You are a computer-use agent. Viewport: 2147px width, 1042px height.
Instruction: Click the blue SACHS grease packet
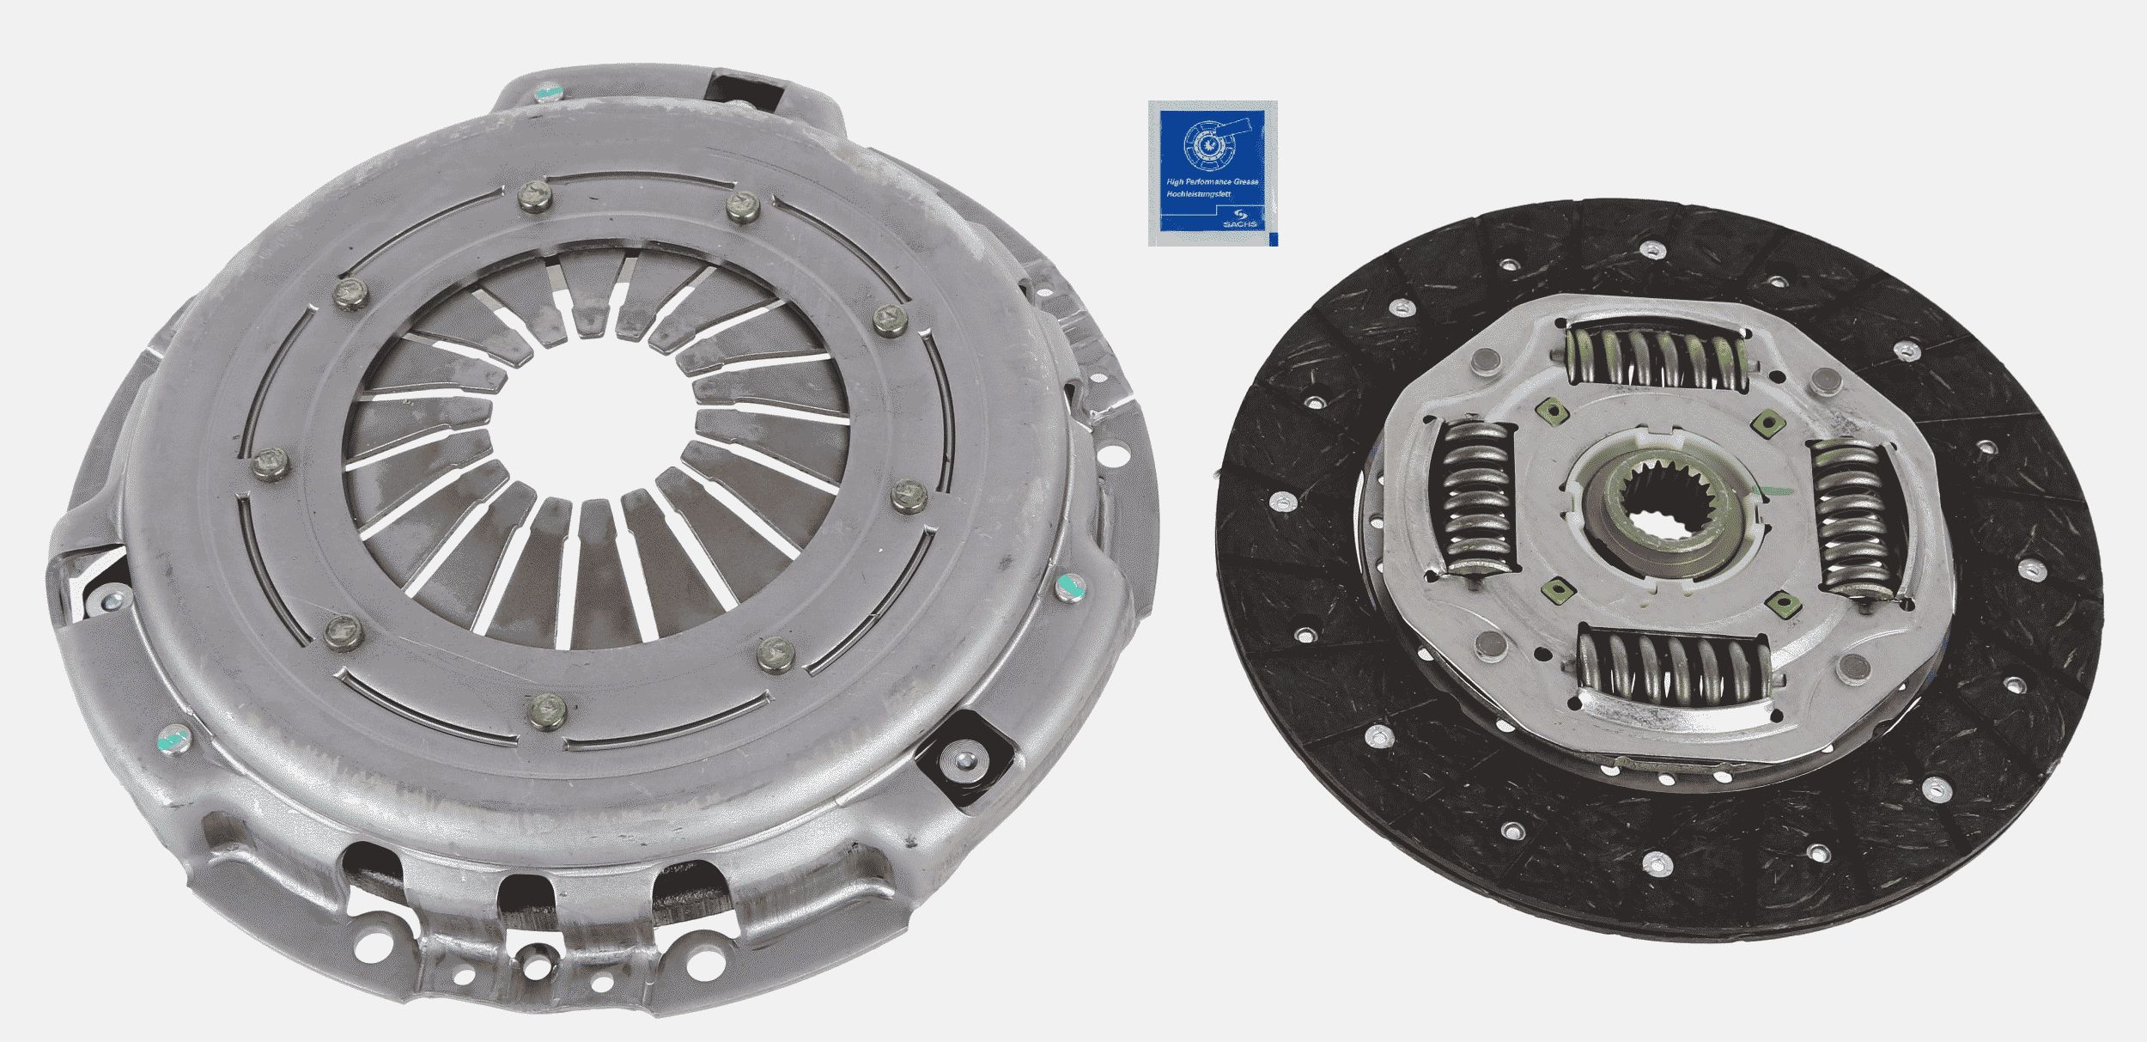pyautogui.click(x=1212, y=173)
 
